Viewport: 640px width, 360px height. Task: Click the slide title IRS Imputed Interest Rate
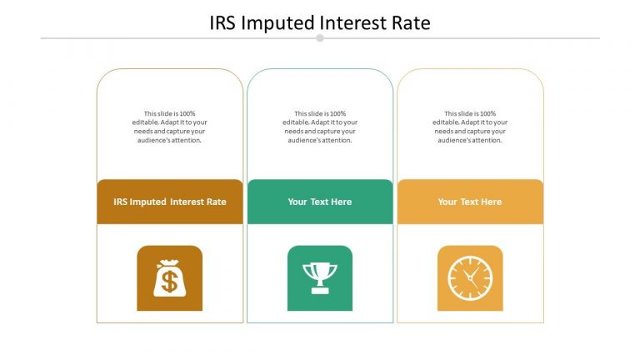[x=320, y=22]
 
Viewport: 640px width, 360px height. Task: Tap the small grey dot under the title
[x=320, y=38]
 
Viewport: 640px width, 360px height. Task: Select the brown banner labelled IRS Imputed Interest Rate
[x=170, y=202]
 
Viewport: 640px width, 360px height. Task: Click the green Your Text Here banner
[x=320, y=202]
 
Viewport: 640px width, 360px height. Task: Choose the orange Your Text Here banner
[x=470, y=202]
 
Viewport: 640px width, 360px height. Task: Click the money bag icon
[x=170, y=278]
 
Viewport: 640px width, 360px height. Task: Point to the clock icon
[x=470, y=278]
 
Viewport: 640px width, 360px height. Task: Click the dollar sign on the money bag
[x=170, y=282]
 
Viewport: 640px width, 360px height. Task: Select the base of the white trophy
[x=320, y=290]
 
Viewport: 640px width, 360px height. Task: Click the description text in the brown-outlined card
[x=170, y=127]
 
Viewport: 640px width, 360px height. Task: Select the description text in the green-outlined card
[x=320, y=127]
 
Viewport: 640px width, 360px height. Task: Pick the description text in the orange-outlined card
[x=470, y=127]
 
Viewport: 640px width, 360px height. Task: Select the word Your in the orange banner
[x=447, y=202]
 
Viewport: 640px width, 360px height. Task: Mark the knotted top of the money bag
[x=170, y=262]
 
